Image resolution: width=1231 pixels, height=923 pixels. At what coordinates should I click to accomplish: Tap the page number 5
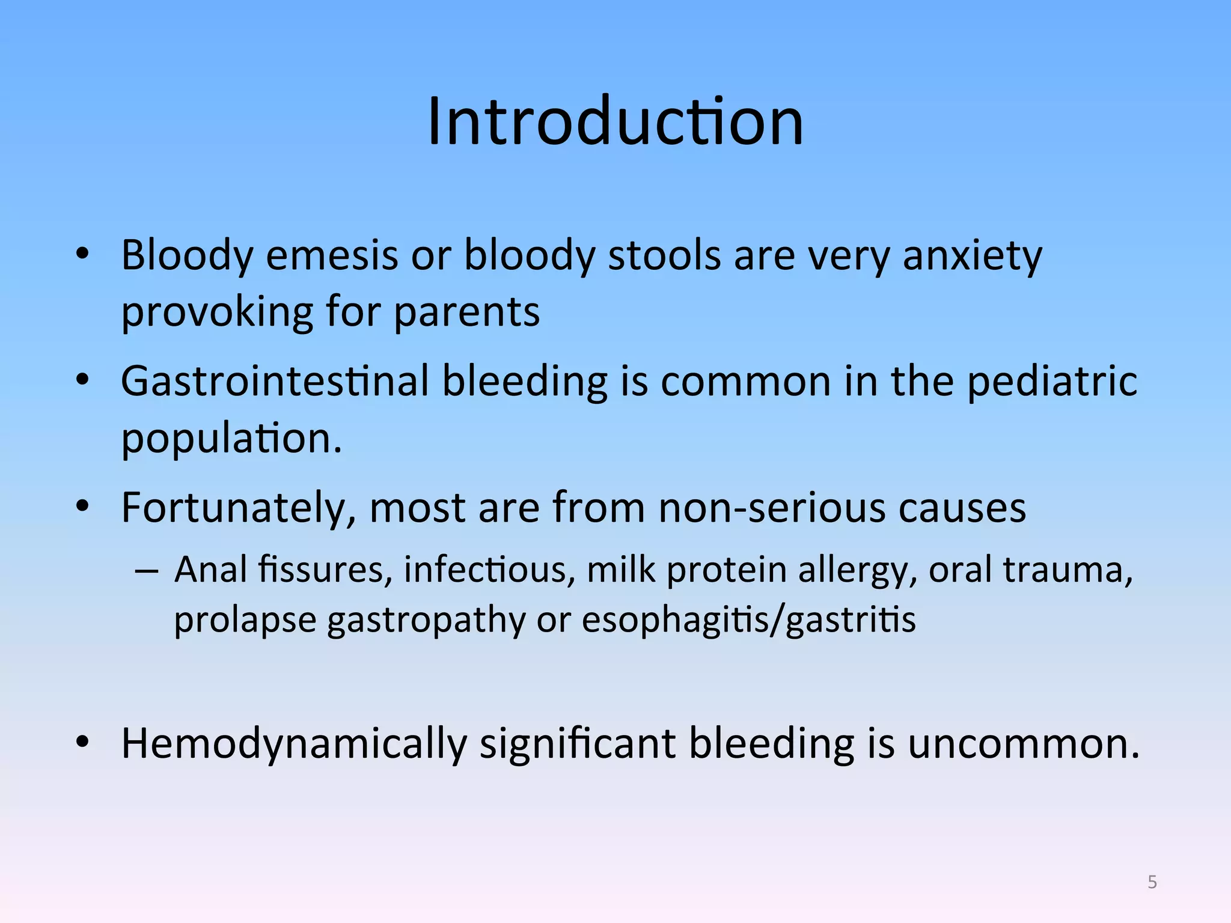point(1152,882)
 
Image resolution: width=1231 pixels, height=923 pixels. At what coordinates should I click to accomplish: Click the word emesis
point(332,255)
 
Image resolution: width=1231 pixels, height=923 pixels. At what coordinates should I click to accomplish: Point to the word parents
point(467,312)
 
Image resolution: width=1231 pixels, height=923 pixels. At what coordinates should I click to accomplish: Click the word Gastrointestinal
point(275,382)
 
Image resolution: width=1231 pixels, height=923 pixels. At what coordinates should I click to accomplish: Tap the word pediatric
point(1051,383)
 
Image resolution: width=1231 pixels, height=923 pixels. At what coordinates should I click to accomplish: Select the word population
point(231,439)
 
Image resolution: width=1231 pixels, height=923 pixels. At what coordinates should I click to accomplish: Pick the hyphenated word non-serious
point(772,508)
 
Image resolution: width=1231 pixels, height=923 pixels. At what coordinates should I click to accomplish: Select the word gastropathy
point(426,621)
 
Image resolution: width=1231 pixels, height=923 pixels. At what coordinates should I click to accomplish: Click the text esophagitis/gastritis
point(748,620)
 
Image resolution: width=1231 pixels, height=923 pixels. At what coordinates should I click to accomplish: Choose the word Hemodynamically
point(294,745)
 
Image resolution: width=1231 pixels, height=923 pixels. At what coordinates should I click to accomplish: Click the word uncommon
point(1022,744)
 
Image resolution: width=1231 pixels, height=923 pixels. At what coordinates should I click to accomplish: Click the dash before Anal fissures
point(147,570)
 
